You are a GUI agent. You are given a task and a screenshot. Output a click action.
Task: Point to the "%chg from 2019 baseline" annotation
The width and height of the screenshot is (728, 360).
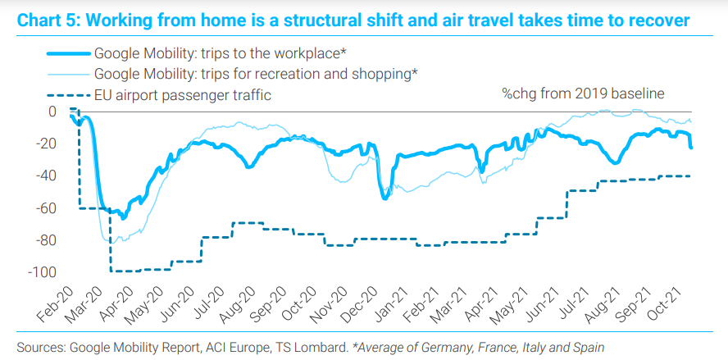pos(583,94)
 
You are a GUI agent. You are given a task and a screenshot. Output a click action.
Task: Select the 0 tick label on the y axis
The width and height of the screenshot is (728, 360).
pos(52,112)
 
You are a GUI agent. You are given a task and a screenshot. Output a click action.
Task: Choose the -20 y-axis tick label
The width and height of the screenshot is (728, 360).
pos(44,144)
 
